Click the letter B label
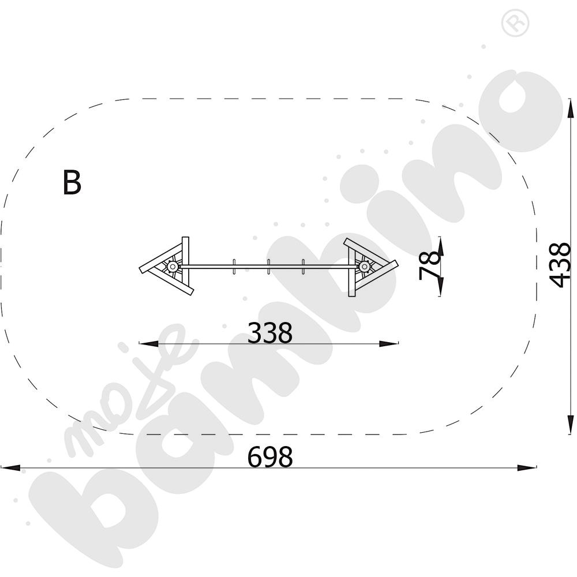[72, 182]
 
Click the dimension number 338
[270, 333]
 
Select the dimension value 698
[270, 456]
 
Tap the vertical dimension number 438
[560, 265]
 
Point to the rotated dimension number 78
[430, 265]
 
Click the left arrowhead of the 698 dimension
[10, 468]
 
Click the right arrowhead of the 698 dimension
[527, 468]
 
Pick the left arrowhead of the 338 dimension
[149, 344]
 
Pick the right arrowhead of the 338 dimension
[388, 344]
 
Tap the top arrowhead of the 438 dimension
[570, 108]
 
